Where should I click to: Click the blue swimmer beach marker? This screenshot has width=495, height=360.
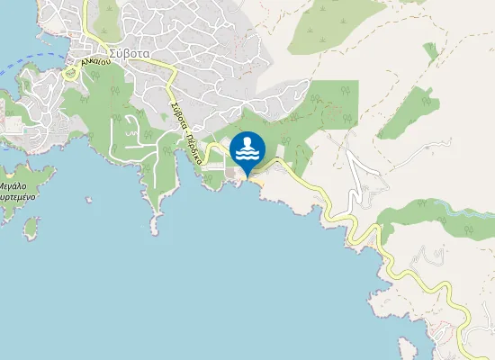click(247, 149)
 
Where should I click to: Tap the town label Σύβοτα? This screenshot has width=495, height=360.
click(124, 52)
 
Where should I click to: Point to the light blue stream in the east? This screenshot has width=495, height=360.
click(468, 213)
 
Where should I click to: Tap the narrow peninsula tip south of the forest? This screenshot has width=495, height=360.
click(155, 219)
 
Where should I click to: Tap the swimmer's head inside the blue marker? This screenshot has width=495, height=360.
click(247, 140)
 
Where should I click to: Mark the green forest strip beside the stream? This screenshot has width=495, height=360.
click(423, 220)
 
